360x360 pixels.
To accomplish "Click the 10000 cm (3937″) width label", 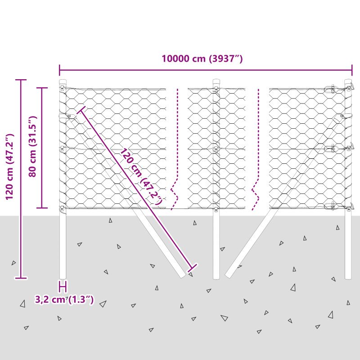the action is pos(202,58).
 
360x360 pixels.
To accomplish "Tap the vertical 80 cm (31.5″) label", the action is pos(32,147).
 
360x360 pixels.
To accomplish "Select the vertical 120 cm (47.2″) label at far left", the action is pos(9,166).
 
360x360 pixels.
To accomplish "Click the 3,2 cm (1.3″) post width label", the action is pos(64,300).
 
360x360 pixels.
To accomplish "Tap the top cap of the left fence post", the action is pos(63,82).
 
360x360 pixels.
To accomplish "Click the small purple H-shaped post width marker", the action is pos(63,286).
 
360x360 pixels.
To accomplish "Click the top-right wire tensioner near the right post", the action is pos(331,89).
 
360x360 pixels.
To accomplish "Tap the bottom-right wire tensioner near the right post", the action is pos(331,206).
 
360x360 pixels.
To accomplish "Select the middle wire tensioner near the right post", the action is pos(331,148).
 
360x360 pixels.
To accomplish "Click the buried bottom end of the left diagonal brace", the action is pos(183,275).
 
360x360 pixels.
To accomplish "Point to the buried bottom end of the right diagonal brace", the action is pos(229,274).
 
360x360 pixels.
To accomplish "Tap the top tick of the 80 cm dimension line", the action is pos(42,88).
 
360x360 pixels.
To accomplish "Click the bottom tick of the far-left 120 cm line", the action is pos(21,278).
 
